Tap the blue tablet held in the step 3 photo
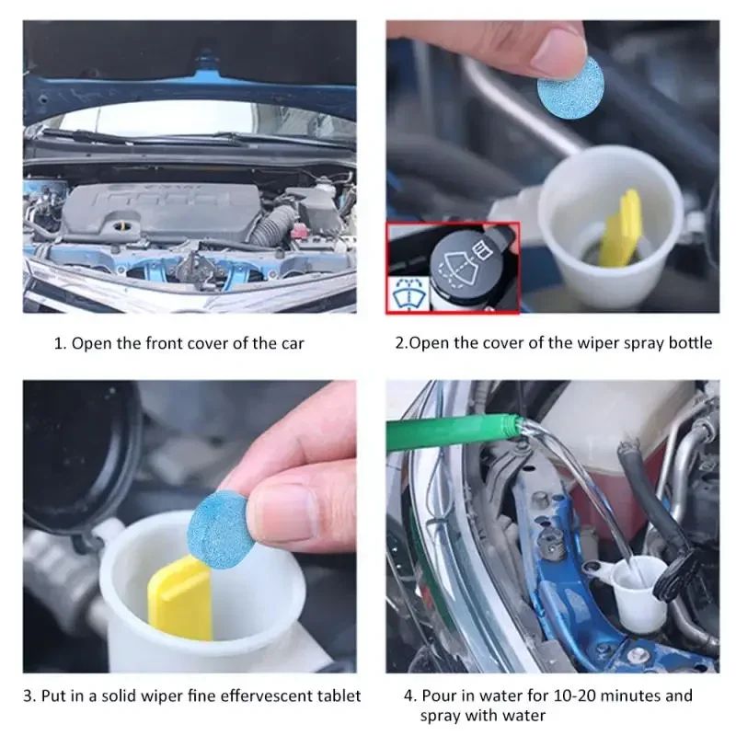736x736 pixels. tap(219, 525)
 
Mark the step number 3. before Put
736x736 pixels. tap(29, 696)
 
